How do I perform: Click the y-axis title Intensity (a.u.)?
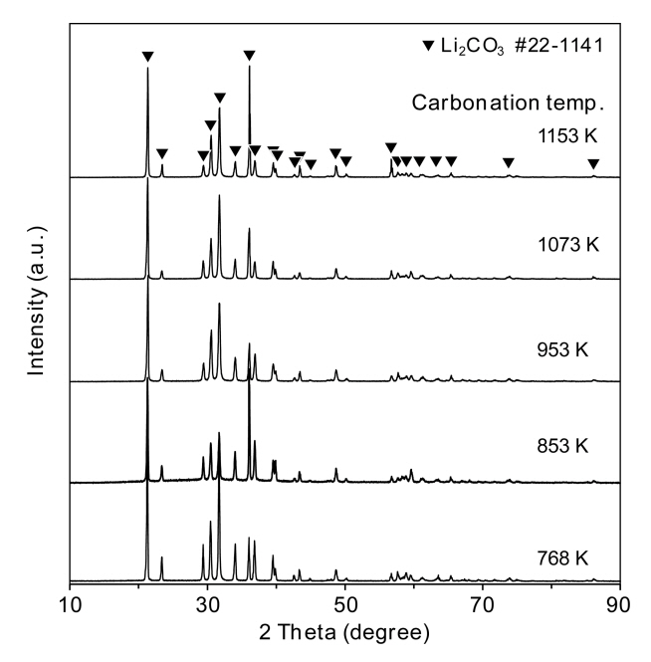click(38, 304)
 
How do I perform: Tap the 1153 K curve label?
click(556, 141)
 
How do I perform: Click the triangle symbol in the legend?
click(427, 46)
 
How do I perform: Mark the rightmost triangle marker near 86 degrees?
click(593, 164)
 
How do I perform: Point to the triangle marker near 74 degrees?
click(509, 163)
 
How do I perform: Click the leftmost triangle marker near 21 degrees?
click(147, 57)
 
